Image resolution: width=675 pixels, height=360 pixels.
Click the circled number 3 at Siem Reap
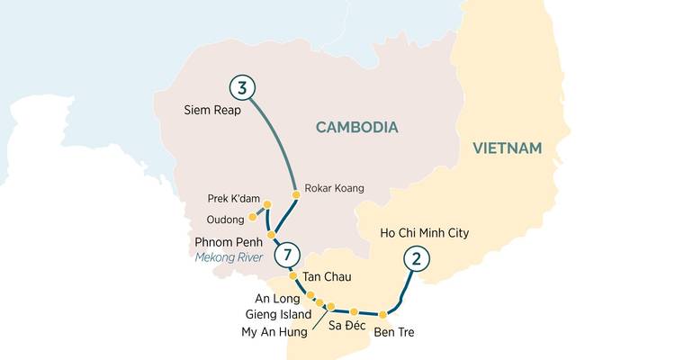coord(242,87)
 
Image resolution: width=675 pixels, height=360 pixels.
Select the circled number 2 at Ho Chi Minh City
coord(416,258)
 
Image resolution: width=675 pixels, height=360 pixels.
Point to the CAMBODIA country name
coord(356,128)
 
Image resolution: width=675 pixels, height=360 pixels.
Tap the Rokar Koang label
coord(335,188)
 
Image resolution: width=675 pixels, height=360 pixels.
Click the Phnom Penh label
coord(229,242)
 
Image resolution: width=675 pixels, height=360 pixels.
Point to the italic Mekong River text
coord(229,258)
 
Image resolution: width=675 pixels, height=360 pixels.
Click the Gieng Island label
coord(279,314)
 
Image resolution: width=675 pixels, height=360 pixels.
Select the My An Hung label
coord(274,332)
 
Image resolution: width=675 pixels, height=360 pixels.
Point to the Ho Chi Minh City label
coord(425,234)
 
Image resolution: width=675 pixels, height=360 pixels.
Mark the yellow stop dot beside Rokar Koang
coord(295,194)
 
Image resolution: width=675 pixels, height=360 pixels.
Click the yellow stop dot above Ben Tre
coord(382,314)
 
